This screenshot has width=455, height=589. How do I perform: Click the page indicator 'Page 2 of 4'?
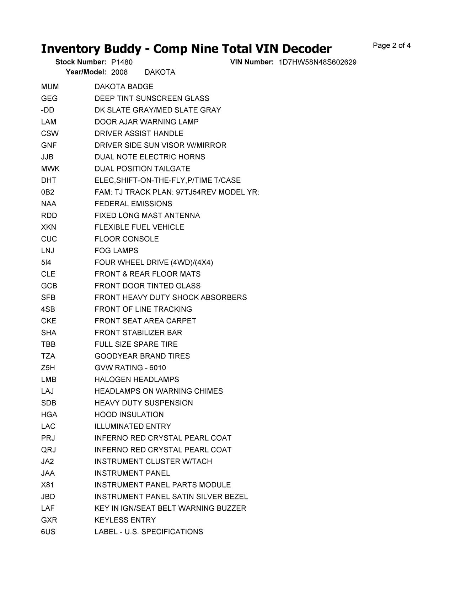(x=392, y=46)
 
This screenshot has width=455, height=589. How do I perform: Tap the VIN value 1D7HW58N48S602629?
(x=317, y=62)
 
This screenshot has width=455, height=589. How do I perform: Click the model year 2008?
(x=119, y=72)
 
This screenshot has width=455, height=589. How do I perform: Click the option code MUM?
(x=50, y=87)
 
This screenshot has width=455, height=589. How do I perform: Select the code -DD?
(x=48, y=110)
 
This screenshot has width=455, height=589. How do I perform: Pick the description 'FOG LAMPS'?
(x=116, y=251)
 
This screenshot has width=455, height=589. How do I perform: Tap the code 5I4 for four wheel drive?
(x=46, y=262)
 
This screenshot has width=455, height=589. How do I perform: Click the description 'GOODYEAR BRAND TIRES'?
(x=142, y=356)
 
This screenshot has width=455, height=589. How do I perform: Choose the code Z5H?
(x=48, y=368)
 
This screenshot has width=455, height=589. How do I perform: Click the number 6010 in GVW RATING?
(x=157, y=368)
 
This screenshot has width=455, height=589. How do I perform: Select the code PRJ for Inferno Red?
(x=48, y=438)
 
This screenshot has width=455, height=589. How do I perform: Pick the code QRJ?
(x=48, y=450)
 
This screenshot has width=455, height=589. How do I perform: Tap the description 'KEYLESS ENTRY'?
(x=125, y=520)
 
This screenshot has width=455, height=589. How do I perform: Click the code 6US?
(x=48, y=532)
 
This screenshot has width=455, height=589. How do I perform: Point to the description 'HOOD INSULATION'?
(x=129, y=415)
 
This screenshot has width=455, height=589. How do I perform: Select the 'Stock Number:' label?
(x=81, y=62)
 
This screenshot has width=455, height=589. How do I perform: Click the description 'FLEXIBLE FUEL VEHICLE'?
(x=139, y=227)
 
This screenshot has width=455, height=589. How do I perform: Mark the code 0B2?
(x=48, y=192)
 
